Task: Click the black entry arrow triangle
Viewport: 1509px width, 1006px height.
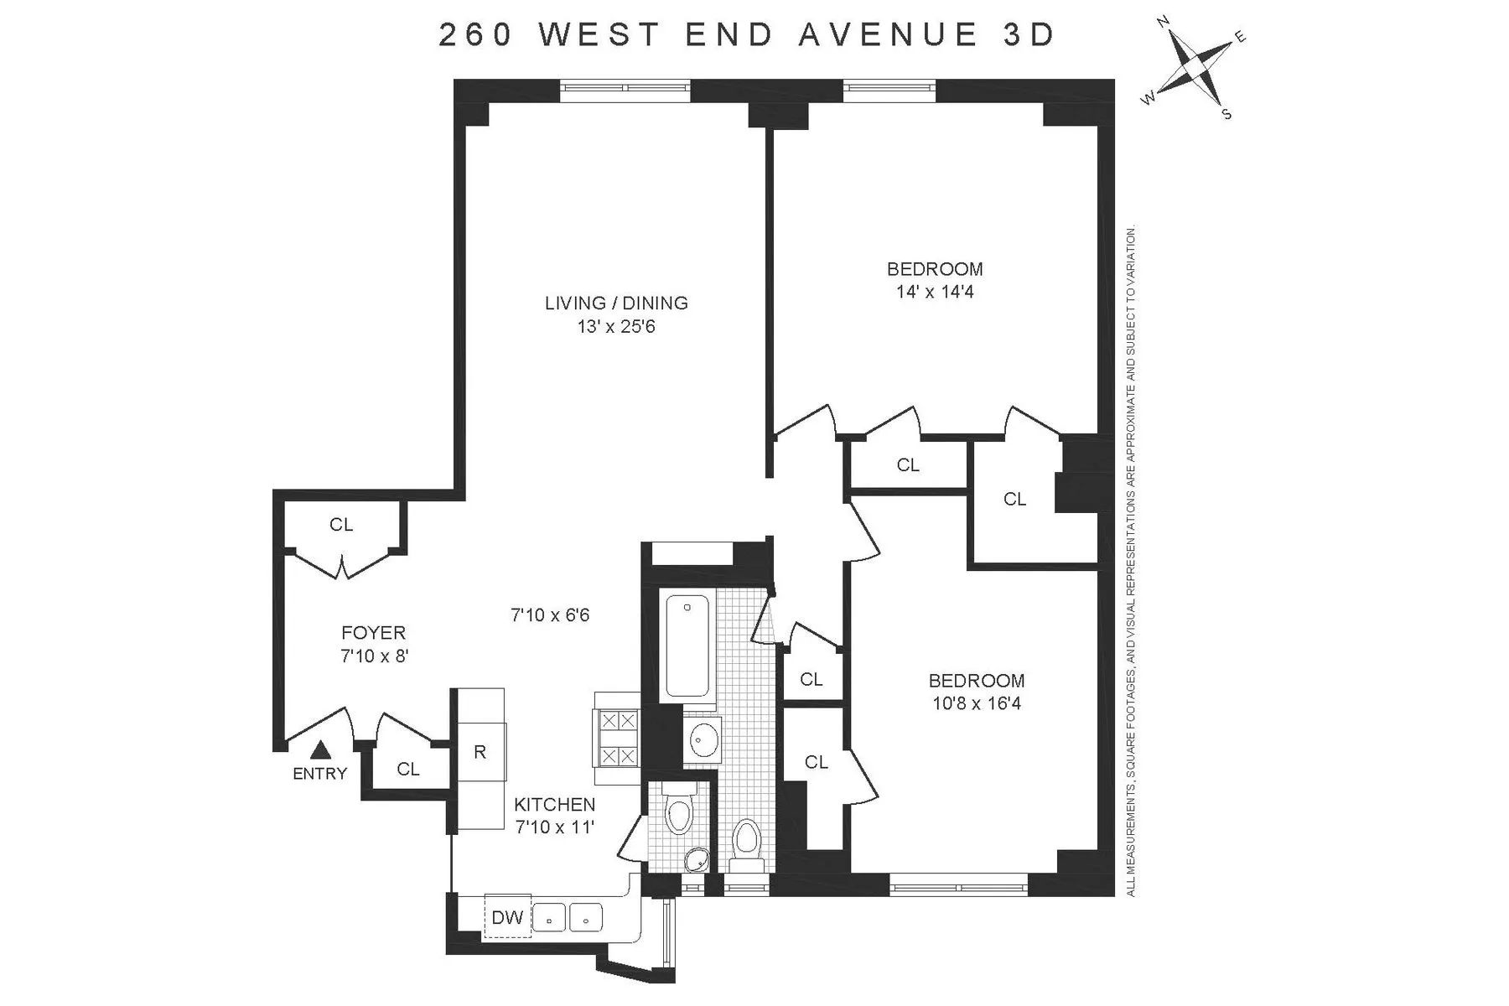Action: (319, 749)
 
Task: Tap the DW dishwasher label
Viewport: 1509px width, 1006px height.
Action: (506, 918)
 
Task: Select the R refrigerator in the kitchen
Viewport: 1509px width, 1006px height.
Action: (480, 752)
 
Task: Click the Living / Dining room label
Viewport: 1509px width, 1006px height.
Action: (616, 303)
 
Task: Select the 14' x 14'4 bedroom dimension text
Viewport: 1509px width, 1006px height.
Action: (935, 293)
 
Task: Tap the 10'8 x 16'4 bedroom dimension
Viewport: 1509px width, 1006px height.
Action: (976, 703)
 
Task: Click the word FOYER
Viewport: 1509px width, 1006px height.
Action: (373, 633)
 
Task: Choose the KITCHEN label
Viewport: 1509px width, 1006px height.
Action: (554, 805)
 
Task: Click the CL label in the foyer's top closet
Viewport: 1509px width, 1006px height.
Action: (341, 525)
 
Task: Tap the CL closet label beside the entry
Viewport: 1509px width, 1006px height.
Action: (408, 769)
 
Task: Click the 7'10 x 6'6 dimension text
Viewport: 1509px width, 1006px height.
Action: (550, 615)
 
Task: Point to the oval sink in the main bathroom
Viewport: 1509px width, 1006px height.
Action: (702, 739)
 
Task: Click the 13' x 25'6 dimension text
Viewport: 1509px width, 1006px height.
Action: (616, 326)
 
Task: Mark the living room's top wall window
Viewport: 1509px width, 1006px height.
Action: (625, 85)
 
